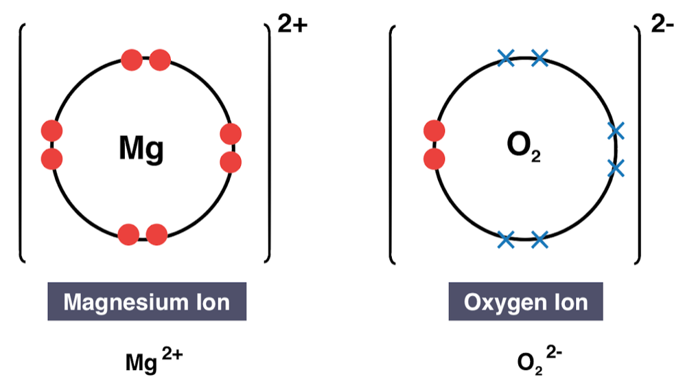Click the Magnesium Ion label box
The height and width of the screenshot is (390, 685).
146,302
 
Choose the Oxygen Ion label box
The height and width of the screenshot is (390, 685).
526,302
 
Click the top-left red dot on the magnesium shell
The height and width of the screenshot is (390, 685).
131,60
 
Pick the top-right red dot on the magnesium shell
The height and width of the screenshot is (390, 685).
159,60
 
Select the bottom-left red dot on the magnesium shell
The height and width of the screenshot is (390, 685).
128,235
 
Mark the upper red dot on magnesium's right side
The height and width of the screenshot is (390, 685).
231,134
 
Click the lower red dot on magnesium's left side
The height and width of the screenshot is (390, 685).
52,159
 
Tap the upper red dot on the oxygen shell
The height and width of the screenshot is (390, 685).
434,130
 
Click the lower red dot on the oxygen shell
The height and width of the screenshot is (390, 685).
434,159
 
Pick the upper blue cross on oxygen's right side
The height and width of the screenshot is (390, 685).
616,129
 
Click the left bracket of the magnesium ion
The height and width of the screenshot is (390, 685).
22,144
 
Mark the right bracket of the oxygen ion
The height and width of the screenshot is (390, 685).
638,144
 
